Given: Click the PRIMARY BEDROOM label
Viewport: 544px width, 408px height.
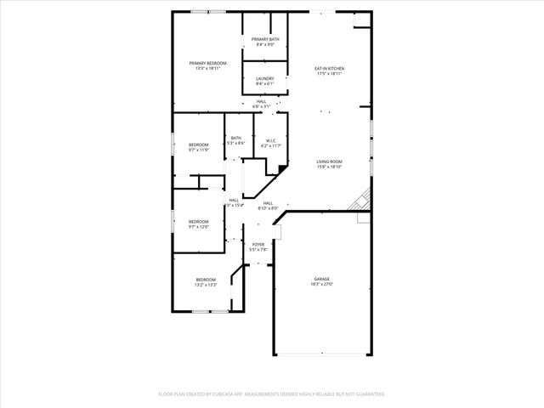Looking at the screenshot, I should [207, 63].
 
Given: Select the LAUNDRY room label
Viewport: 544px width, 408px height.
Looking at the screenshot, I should [265, 78].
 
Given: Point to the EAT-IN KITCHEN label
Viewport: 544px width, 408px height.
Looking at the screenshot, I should [329, 68].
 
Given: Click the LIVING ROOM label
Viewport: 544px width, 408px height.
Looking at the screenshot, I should [329, 161].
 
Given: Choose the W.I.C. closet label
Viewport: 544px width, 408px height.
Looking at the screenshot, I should [270, 140].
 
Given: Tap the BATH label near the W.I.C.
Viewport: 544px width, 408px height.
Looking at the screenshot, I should [235, 139].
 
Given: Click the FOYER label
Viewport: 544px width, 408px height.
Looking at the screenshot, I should [258, 244].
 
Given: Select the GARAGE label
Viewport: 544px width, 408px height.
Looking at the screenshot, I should [321, 279].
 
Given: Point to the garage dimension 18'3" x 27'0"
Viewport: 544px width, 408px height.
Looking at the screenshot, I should [321, 285].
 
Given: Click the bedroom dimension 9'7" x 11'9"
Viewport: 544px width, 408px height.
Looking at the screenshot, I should [198, 150].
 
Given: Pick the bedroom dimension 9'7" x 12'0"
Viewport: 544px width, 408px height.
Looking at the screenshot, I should [198, 227].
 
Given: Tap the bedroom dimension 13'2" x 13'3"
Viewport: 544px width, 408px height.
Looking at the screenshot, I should [207, 285].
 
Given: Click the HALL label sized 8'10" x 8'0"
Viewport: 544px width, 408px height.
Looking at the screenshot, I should [268, 203].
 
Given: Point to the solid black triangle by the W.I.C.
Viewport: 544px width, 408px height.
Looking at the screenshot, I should [281, 170].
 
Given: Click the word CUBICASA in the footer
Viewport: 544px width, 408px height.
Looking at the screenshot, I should [240, 394].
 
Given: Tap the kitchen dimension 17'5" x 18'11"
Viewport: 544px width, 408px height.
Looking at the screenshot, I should [329, 74].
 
